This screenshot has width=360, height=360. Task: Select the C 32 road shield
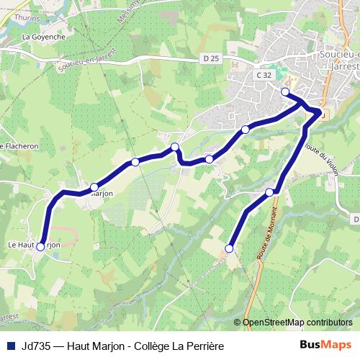pos(264,74)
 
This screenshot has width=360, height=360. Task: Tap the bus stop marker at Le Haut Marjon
pos(40,247)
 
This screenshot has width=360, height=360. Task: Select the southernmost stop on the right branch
pos(230,248)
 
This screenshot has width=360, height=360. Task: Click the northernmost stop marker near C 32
pos(285,91)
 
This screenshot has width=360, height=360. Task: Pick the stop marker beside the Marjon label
pos(94,187)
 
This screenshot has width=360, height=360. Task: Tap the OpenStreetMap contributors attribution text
pos(298,323)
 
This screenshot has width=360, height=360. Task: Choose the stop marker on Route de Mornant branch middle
pos(270,192)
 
